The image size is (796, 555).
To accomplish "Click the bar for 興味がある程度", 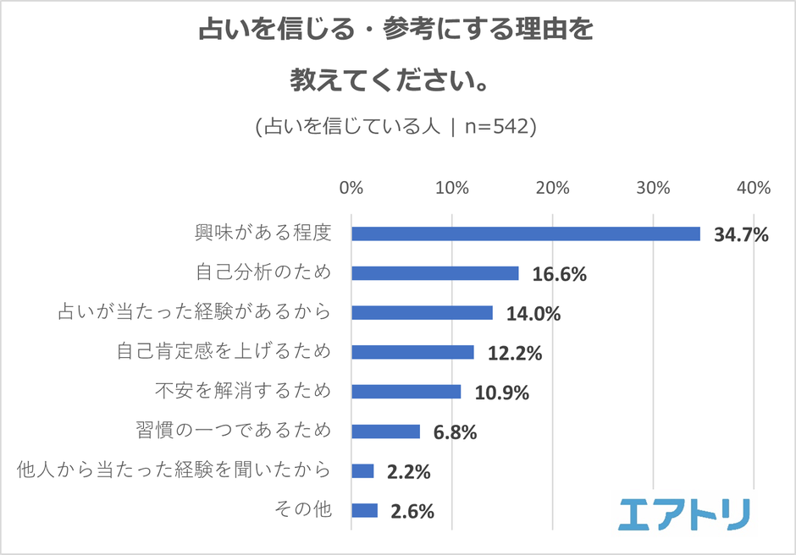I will click(525, 234).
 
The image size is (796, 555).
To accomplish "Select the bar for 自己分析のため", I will click(434, 273).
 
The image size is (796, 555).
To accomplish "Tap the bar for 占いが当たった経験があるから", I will click(422, 313).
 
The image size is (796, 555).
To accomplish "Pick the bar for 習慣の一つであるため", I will click(385, 431).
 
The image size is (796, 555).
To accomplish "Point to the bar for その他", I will click(364, 510).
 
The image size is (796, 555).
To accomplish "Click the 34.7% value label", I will click(741, 234).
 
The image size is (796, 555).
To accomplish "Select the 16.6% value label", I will click(559, 274).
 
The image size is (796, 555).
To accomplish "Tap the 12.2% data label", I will click(514, 353).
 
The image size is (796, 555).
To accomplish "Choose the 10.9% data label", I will click(501, 393).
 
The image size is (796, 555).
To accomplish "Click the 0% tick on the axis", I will click(351, 189).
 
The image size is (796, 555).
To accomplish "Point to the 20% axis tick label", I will click(552, 189).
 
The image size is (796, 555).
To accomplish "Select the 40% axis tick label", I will click(753, 189).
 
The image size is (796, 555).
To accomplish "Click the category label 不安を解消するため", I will click(242, 392).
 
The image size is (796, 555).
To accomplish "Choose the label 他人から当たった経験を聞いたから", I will click(174, 470).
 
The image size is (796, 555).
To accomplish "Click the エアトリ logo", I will click(683, 514).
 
